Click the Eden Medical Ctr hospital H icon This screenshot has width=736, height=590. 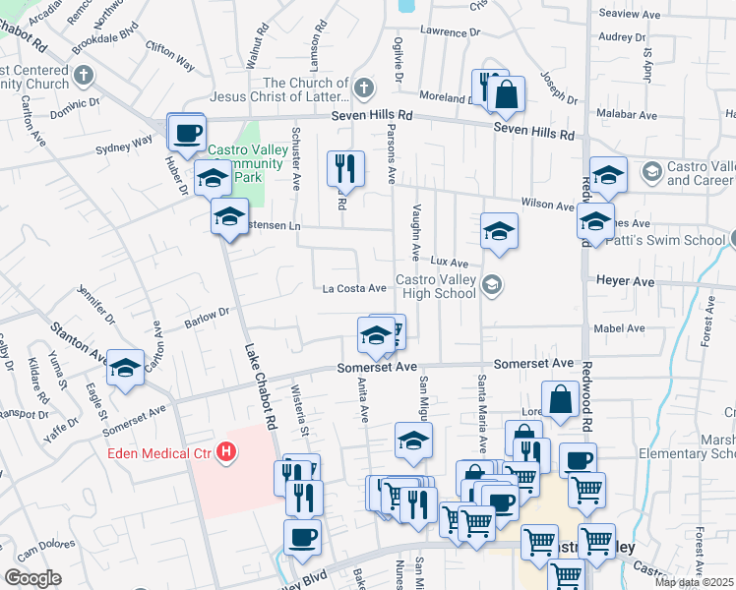click(x=227, y=452)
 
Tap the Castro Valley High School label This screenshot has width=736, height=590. click(x=435, y=286)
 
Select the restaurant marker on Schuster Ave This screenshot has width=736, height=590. click(x=345, y=168)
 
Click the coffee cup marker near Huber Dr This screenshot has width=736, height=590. click(x=186, y=133)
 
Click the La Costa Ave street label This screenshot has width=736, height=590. click(x=354, y=288)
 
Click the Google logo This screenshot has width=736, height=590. click(x=32, y=578)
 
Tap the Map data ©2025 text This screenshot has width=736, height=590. click(x=694, y=582)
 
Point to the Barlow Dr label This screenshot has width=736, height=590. click(x=207, y=319)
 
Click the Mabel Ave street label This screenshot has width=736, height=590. click(x=613, y=329)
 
